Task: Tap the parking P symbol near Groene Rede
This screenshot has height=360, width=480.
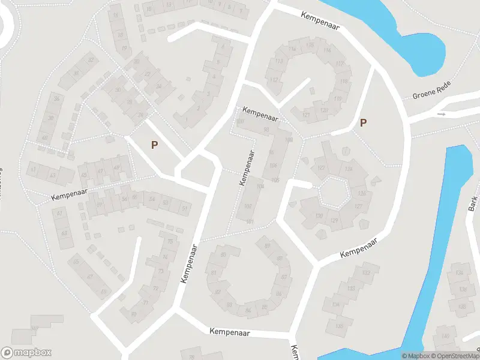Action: click(362, 123)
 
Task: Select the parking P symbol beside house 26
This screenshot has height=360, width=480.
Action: click(154, 145)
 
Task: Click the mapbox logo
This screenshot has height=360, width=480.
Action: click(26, 353)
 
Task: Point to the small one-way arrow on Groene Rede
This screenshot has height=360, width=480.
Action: click(442, 113)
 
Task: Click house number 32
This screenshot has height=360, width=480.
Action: click(91, 60)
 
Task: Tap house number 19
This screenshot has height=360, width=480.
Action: click(124, 48)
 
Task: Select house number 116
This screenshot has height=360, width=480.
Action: click(327, 50)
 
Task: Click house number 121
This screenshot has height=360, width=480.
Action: click(306, 115)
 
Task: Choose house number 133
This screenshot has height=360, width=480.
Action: click(350, 289)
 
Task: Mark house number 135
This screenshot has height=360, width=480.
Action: click(340, 326)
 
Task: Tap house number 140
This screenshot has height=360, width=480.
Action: click(445, 335)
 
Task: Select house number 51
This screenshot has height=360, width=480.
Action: click(185, 209)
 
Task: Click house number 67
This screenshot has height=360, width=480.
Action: click(284, 277)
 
